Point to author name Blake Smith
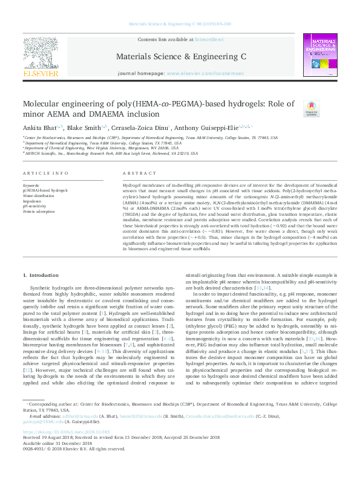coord(83,128)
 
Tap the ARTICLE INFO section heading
coord(45,173)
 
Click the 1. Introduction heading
coord(41,276)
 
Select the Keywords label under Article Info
coord(31,185)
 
